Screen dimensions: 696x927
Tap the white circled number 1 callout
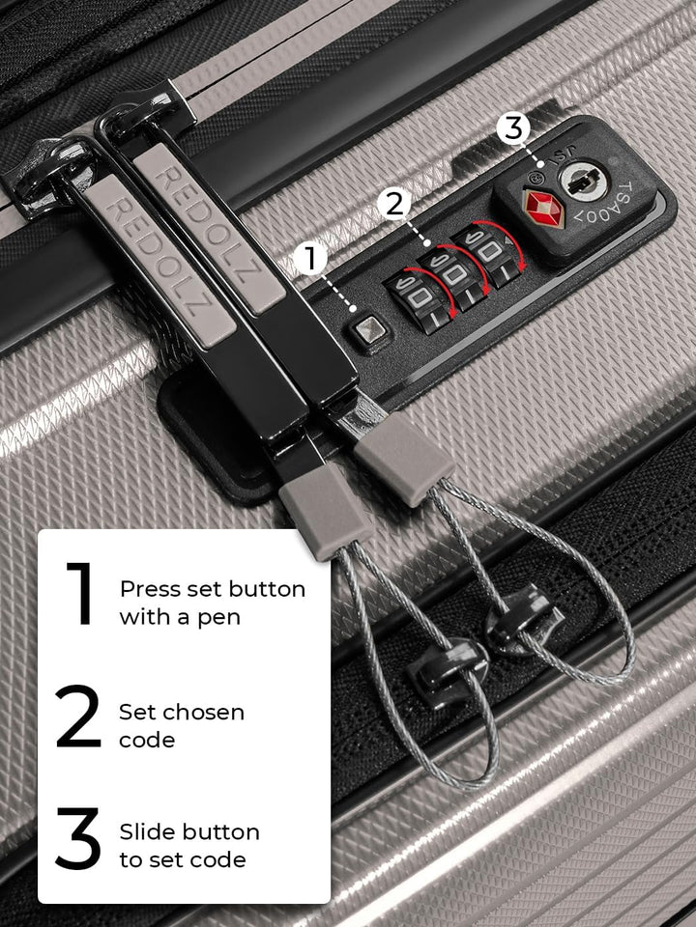(x=310, y=259)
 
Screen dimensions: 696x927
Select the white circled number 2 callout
(x=394, y=205)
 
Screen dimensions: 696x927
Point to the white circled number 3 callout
(x=513, y=128)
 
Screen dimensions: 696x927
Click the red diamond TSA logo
(x=542, y=208)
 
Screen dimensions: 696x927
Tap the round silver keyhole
(x=584, y=181)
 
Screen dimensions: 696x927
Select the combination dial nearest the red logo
(x=489, y=252)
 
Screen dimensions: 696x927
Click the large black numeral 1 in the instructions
(x=81, y=593)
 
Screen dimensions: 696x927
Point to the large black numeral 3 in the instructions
(x=77, y=838)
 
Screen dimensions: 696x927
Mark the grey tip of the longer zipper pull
(x=326, y=512)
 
